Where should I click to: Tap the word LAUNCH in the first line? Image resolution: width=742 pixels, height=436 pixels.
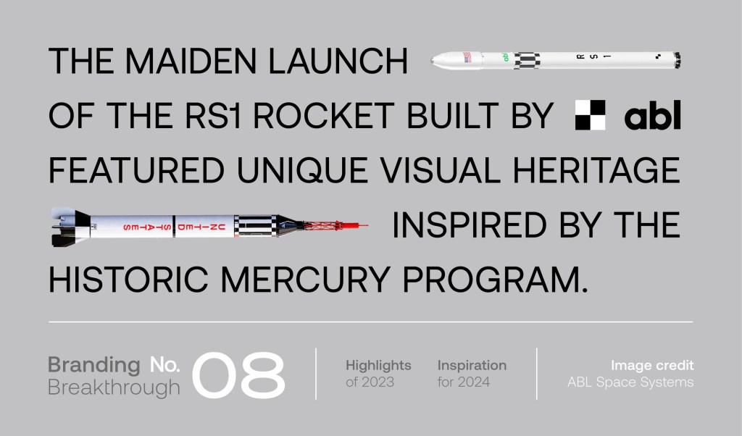coord(338,61)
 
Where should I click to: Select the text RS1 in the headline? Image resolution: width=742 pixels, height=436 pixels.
coord(212,115)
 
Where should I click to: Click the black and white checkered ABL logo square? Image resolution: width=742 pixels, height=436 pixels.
coord(590,115)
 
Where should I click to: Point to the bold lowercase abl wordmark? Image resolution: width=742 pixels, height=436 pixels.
coord(653,115)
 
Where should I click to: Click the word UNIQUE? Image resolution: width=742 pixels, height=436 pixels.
coord(302,170)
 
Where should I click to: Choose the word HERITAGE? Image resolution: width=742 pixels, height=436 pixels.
coord(596,170)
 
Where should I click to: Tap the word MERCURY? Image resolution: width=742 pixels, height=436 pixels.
coord(305,280)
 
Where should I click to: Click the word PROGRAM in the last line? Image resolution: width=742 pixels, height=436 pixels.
coord(490,280)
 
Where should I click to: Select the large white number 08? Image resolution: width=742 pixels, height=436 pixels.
coord(238,374)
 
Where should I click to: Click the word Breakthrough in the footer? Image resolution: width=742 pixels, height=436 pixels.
coord(114,387)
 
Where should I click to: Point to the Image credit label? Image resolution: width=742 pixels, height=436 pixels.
coord(652,365)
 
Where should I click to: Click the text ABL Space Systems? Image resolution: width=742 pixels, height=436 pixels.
coord(630,382)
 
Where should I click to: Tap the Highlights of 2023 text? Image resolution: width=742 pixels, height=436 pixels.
coord(378,374)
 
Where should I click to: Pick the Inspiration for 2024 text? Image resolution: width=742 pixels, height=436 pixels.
coord(472,374)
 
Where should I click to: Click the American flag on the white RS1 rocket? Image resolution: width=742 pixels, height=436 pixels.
coord(467,57)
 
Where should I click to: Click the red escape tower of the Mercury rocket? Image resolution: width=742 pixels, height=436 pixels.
coord(335,225)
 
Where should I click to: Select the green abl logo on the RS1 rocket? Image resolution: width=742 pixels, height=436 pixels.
coord(505,57)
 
